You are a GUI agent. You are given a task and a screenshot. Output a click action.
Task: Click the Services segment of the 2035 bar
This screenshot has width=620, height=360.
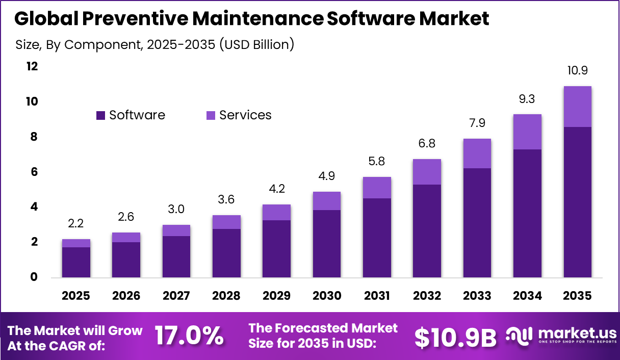click(x=577, y=107)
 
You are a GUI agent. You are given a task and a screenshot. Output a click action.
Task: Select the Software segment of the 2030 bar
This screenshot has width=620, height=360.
click(x=326, y=244)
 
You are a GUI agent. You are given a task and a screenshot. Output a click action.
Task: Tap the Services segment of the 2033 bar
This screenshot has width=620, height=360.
click(x=477, y=153)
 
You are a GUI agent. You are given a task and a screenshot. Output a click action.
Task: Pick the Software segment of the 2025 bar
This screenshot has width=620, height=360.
click(x=76, y=262)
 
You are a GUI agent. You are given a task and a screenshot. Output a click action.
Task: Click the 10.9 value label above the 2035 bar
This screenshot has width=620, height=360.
click(x=577, y=71)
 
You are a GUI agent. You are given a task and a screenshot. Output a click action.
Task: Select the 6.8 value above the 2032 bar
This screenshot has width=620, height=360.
click(x=427, y=144)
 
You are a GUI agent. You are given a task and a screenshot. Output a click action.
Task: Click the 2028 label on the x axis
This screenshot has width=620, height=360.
click(x=226, y=296)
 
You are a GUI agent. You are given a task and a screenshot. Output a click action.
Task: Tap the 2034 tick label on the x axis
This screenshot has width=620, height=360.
click(x=527, y=296)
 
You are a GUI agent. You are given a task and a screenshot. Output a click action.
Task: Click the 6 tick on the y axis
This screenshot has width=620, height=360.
click(x=34, y=172)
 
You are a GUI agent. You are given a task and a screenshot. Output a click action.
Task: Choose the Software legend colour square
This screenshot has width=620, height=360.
click(x=100, y=116)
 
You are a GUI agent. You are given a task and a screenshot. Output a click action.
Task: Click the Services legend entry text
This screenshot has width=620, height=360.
click(x=245, y=115)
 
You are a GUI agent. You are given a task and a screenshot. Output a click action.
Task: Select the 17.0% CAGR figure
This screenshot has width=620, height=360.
click(x=189, y=336)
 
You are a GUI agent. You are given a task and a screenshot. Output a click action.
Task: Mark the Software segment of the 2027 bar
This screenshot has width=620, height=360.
click(x=176, y=257)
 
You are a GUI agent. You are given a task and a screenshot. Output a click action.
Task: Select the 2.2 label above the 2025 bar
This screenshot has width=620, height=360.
click(x=76, y=224)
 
